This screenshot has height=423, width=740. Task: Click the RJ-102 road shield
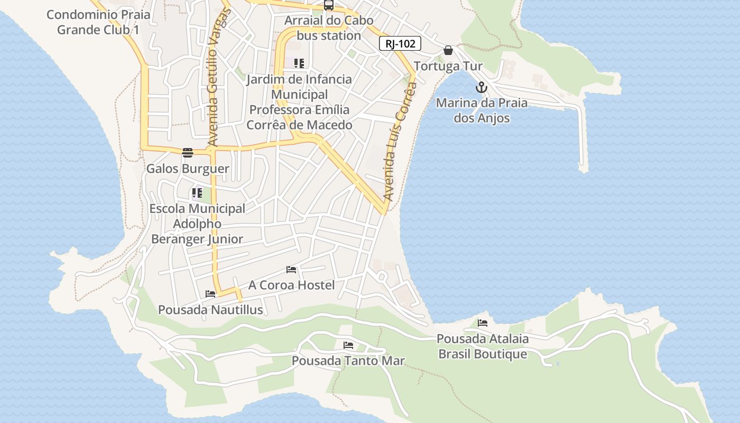tap(400, 44)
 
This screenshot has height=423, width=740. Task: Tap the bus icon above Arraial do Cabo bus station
tap(329, 5)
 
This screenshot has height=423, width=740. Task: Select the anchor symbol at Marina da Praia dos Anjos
tap(482, 87)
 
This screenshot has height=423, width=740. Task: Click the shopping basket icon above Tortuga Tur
tap(448, 50)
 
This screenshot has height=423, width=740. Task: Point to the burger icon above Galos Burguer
tap(188, 153)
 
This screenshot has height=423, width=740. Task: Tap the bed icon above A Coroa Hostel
tap(291, 270)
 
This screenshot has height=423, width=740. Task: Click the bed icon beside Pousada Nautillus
tap(210, 294)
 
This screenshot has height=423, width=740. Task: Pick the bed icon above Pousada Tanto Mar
tap(348, 345)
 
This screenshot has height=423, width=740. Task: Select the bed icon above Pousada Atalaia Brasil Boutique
tap(483, 323)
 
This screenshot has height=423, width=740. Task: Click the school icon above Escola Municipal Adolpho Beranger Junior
tap(197, 192)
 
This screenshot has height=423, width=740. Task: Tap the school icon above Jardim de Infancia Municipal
tap(299, 63)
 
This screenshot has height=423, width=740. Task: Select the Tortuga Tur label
tap(448, 66)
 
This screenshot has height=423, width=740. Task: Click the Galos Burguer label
tap(188, 169)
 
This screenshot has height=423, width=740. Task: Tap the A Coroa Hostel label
tap(292, 286)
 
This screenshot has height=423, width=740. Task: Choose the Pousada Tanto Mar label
tap(348, 361)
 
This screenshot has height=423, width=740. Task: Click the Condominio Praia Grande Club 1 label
tap(98, 22)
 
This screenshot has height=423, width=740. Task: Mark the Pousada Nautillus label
tap(210, 310)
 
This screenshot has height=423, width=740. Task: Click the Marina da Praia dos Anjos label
tap(482, 110)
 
